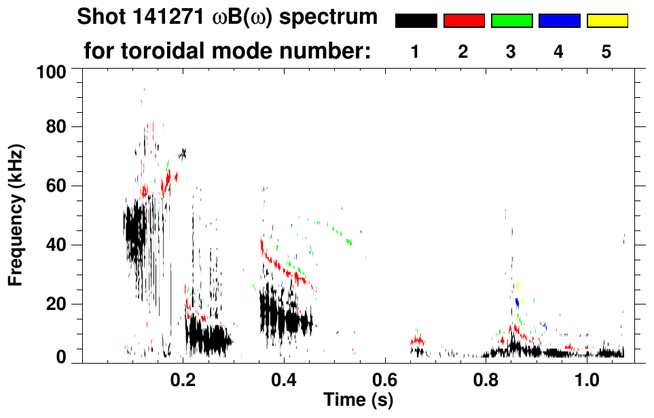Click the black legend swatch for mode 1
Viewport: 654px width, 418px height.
tap(416, 21)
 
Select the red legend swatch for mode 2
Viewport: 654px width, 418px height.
tap(464, 21)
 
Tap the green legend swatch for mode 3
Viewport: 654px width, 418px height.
tap(511, 21)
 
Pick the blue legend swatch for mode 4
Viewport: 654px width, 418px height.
tap(559, 21)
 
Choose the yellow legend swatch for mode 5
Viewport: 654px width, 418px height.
tap(607, 21)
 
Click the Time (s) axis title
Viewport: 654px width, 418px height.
tap(358, 400)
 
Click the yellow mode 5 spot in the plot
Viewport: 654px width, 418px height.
tap(517, 285)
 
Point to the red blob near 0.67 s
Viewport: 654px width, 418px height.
tap(418, 340)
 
